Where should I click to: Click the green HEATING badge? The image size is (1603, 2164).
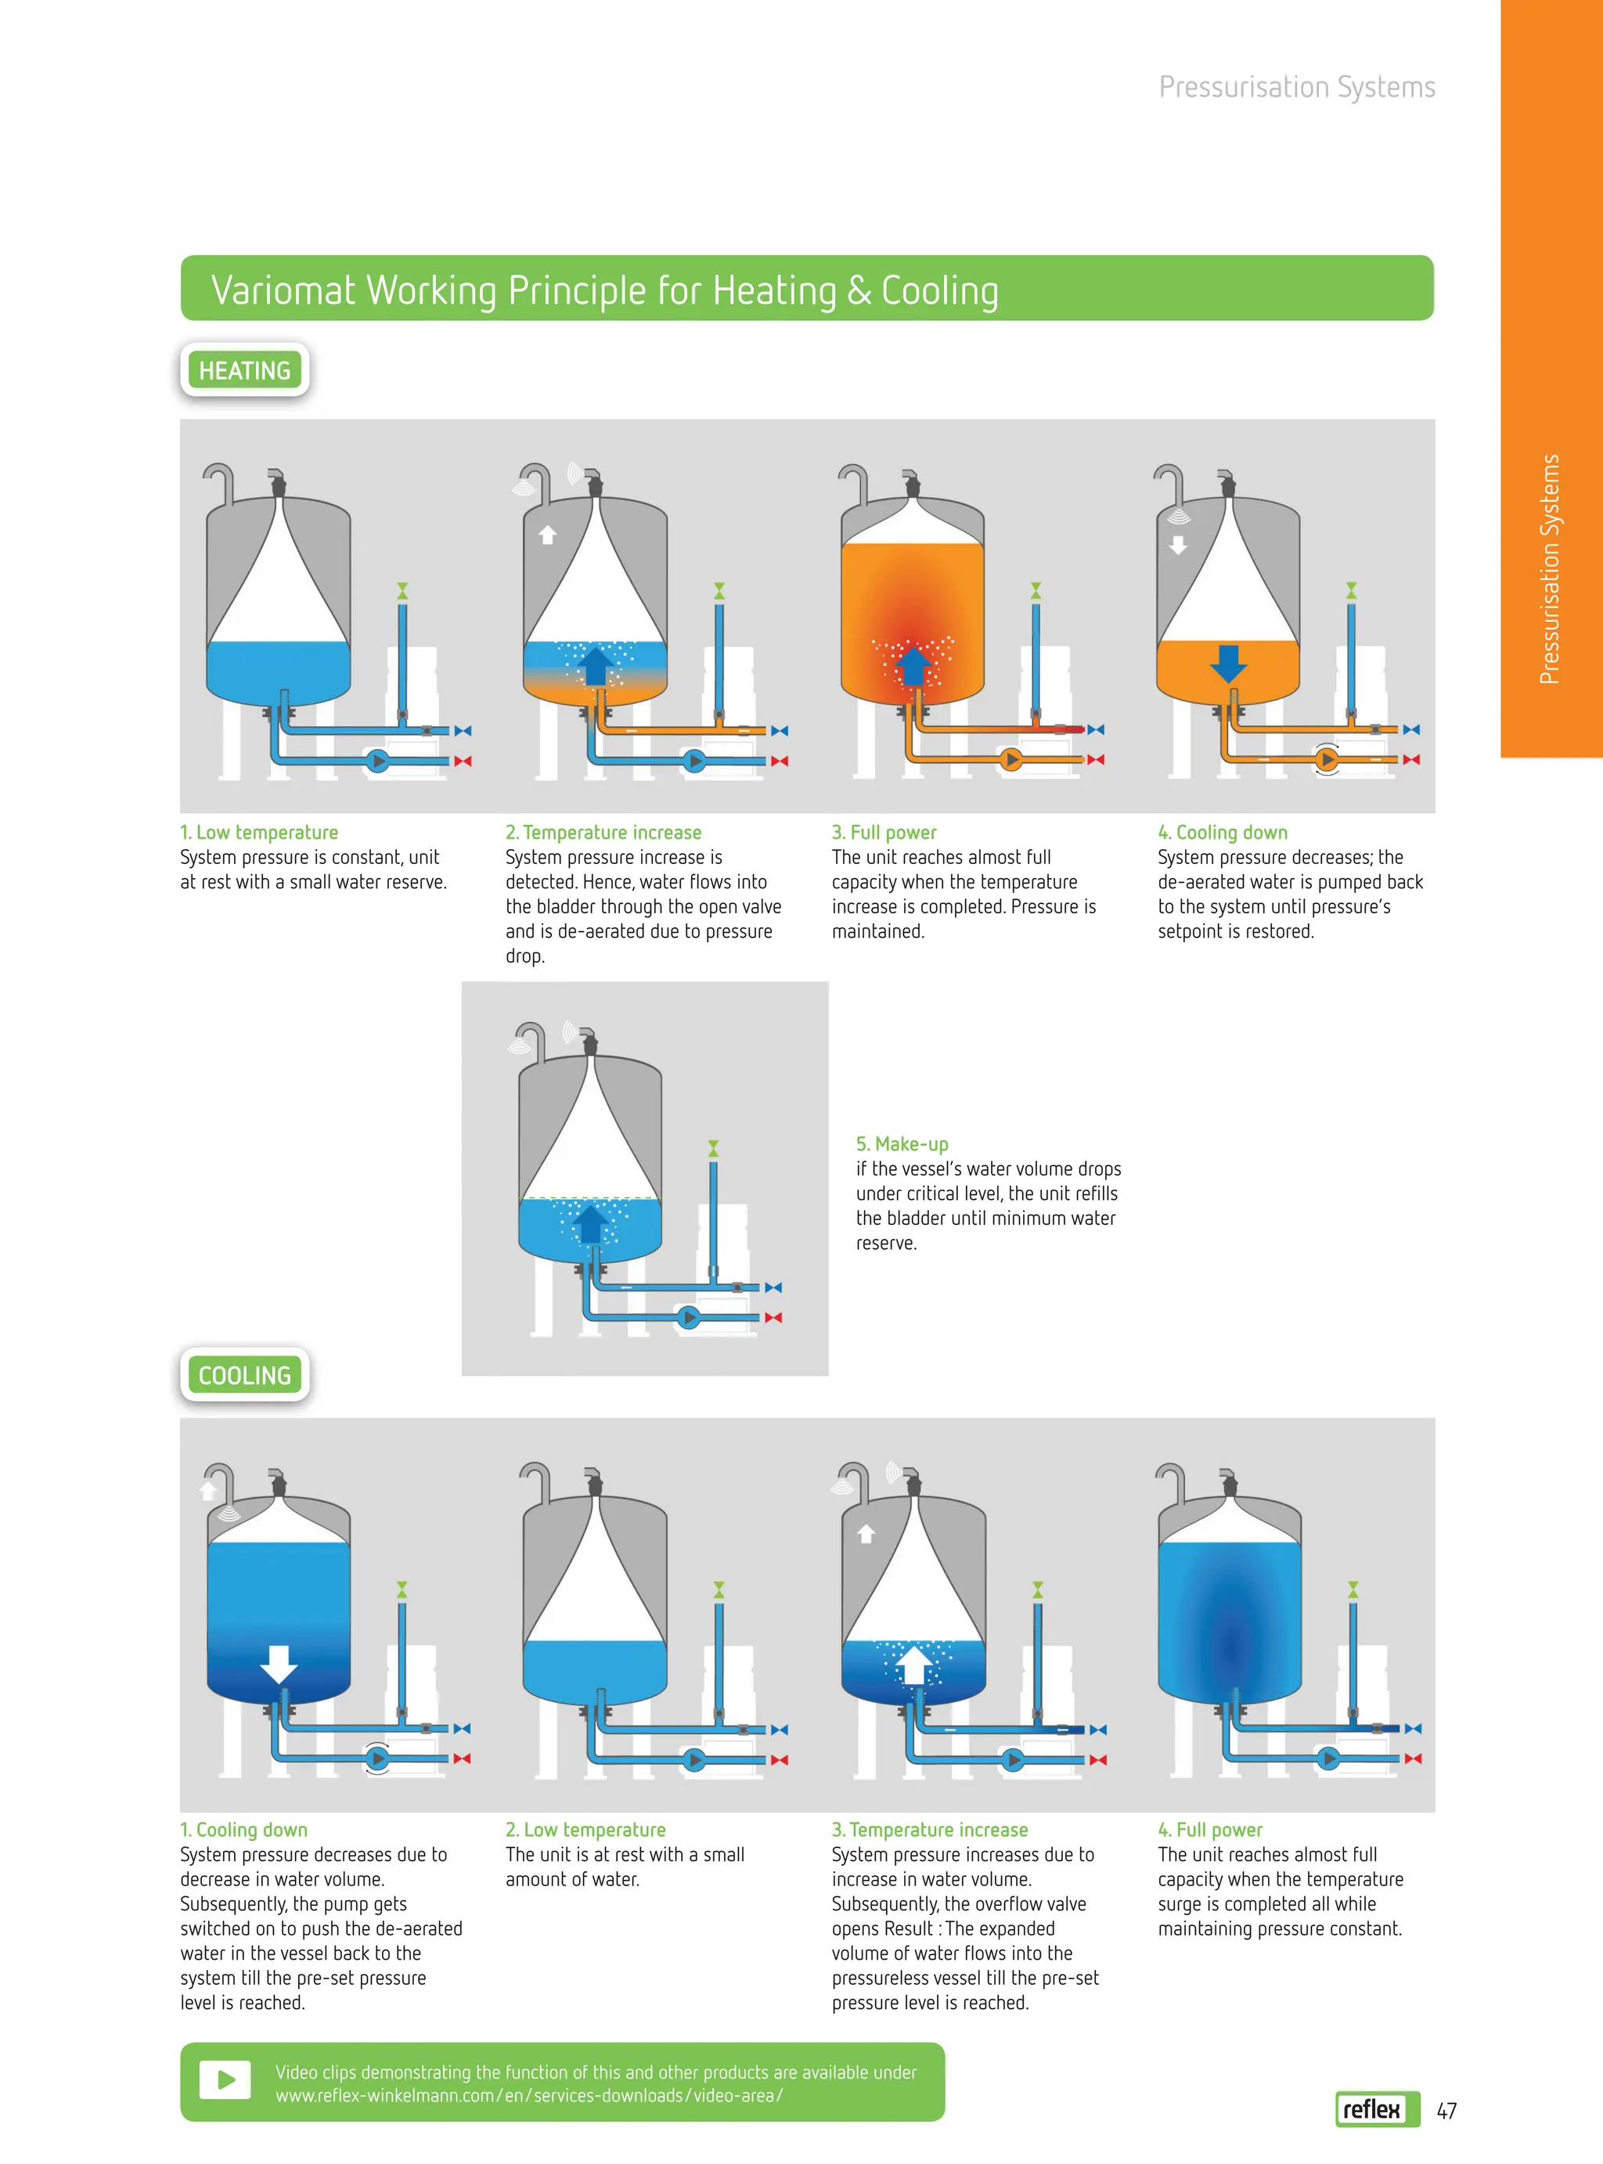(244, 369)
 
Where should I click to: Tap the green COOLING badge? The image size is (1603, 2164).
(244, 1374)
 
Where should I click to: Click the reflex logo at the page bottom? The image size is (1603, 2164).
(1378, 2108)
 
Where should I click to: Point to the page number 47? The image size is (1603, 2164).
(1446, 2111)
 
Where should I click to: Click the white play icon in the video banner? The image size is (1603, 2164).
(225, 2079)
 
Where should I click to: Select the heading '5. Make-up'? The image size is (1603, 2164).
(902, 1143)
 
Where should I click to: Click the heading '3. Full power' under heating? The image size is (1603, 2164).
(884, 832)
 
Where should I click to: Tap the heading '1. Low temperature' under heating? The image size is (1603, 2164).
(259, 832)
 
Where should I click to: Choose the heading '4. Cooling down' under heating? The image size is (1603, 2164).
(1223, 832)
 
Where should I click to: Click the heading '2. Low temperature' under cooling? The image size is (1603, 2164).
(585, 1829)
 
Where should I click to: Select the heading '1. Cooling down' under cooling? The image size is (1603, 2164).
(243, 1829)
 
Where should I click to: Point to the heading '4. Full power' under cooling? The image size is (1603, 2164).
(1210, 1829)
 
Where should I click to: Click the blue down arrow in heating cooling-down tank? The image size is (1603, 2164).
(1228, 664)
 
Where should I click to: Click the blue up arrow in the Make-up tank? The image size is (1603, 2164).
(590, 1223)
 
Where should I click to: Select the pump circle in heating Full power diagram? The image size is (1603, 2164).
(1011, 759)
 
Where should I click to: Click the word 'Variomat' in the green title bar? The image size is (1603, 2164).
(284, 290)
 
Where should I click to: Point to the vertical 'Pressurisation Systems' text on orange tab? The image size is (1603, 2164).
(1550, 570)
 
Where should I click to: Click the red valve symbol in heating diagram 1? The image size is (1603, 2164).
(463, 762)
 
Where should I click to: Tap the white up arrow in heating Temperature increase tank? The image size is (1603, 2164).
(547, 535)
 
